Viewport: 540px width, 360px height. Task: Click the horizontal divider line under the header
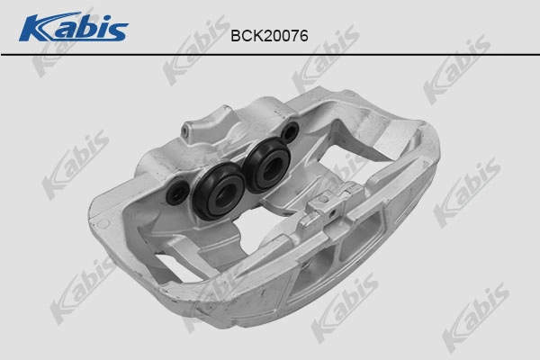(x=270, y=54)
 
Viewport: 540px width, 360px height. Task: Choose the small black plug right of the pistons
(x=288, y=134)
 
